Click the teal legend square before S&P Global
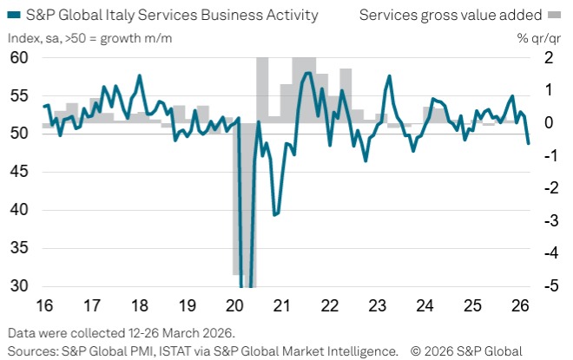click(12, 15)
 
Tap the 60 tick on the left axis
click(19, 57)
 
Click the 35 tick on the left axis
click(19, 248)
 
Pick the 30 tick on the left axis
click(19, 286)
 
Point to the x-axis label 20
click(234, 305)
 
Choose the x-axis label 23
click(377, 305)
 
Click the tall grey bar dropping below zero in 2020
click(238, 200)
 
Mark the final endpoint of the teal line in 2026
click(529, 143)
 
